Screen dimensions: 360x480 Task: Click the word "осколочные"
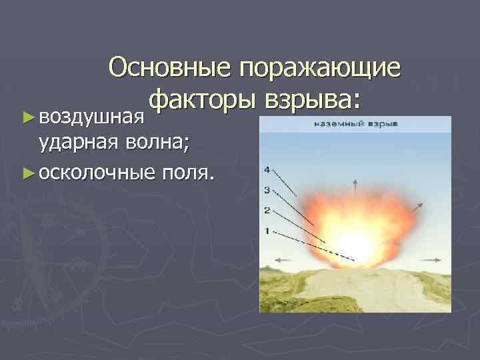[98, 173]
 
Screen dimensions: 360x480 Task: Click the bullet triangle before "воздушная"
[27, 117]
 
